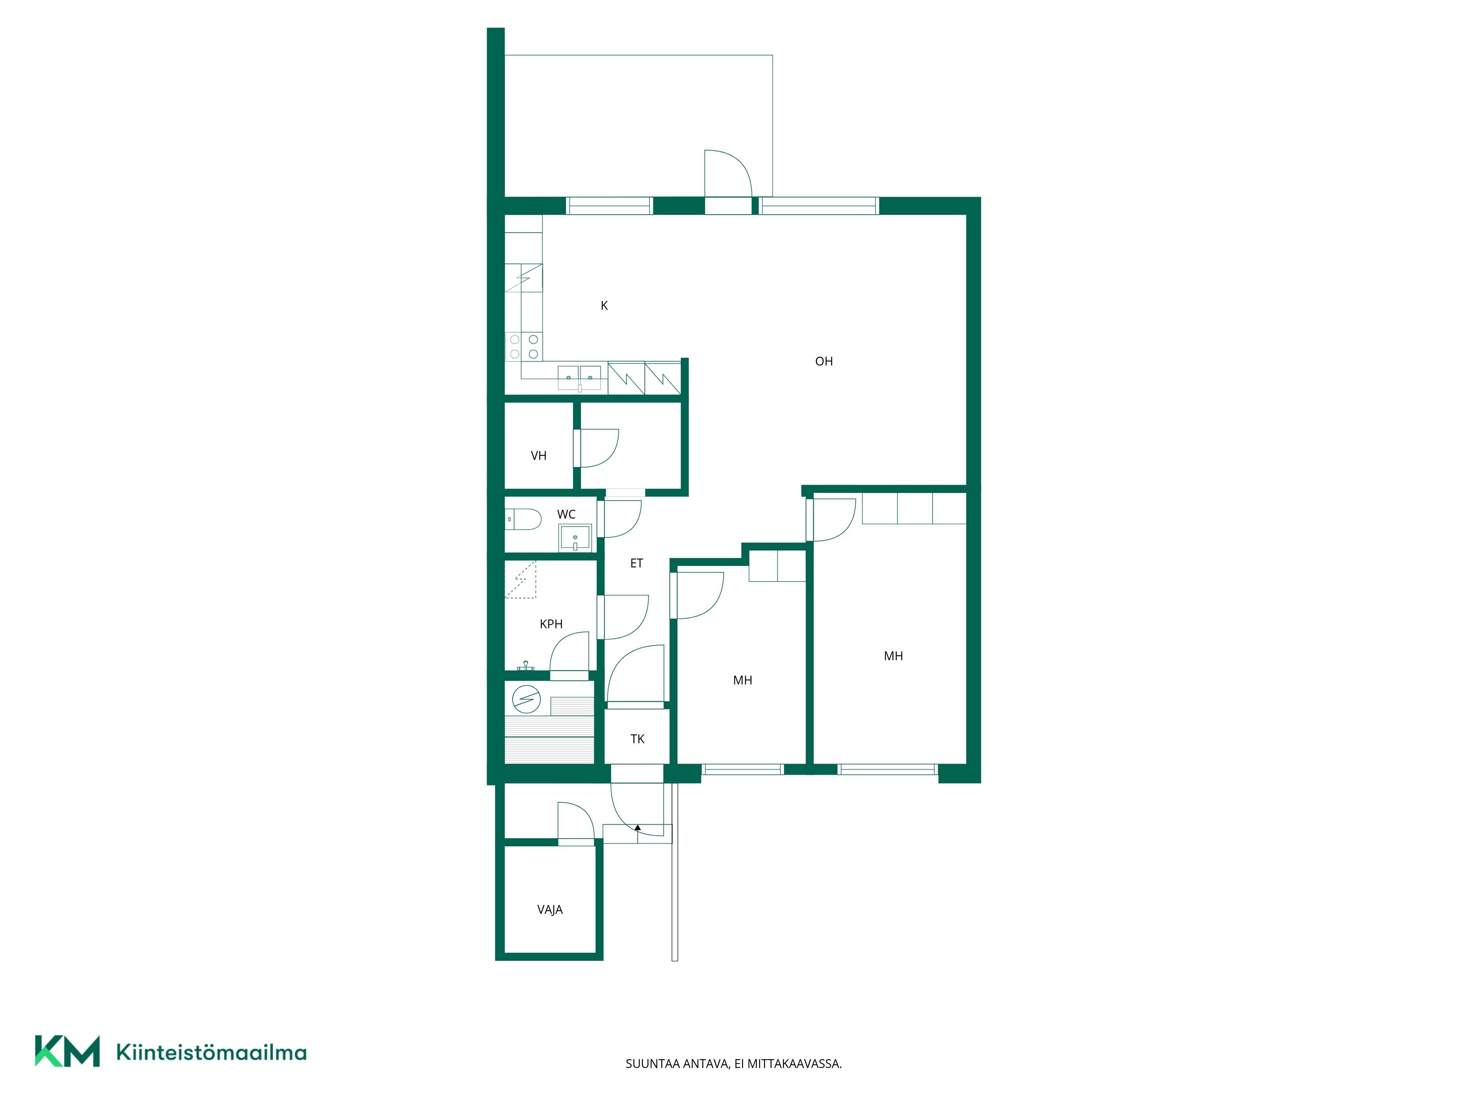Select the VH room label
click(x=539, y=456)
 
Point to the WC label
click(x=566, y=514)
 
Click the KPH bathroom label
click(x=551, y=624)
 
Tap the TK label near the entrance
click(x=637, y=739)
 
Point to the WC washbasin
click(x=575, y=538)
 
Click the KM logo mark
click(x=67, y=1051)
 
